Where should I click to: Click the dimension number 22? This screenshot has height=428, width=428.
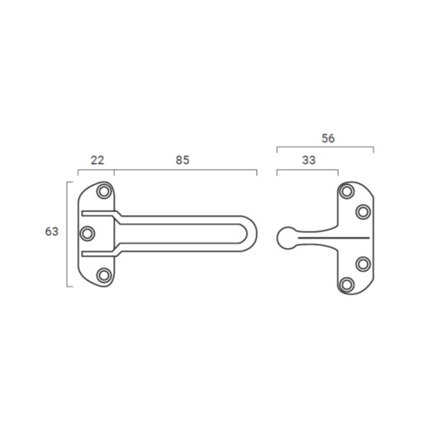pyautogui.click(x=97, y=160)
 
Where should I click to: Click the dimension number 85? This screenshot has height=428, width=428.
pyautogui.click(x=182, y=160)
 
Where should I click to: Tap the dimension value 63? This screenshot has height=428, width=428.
pyautogui.click(x=52, y=232)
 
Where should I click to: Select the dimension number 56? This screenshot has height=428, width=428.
pyautogui.click(x=328, y=138)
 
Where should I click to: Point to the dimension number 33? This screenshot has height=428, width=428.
pyautogui.click(x=309, y=160)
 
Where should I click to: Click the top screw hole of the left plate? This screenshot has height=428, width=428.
pyautogui.click(x=104, y=191)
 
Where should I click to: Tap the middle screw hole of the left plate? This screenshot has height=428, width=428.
pyautogui.click(x=87, y=234)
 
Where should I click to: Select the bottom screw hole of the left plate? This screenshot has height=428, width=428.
pyautogui.click(x=104, y=275)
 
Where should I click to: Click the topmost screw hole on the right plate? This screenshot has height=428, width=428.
pyautogui.click(x=347, y=191)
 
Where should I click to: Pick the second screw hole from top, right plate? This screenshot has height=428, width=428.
pyautogui.click(x=363, y=211)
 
